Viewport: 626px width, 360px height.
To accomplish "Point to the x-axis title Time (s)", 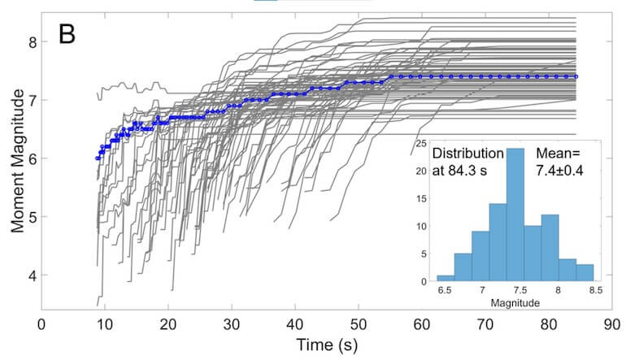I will tap(325, 345).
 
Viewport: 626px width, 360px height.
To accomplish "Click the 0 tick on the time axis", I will tap(41, 323).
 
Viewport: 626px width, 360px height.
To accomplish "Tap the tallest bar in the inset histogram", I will tap(515, 215).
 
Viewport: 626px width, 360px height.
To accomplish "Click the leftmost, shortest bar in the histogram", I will tap(446, 279).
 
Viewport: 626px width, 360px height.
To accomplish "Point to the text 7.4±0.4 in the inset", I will tap(563, 171).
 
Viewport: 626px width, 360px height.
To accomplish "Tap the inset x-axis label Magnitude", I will tap(515, 304).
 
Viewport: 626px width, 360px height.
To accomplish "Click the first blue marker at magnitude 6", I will tap(98, 158).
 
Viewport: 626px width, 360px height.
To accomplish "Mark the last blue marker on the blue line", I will tap(576, 76).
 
